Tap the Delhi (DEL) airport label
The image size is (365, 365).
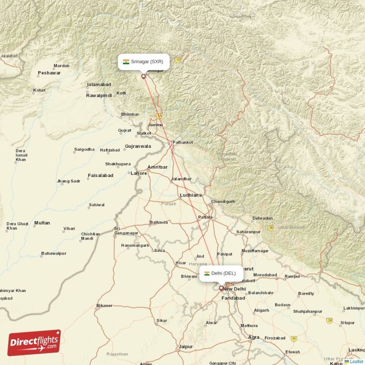(x=221, y=273)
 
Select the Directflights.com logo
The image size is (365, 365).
(x=34, y=343)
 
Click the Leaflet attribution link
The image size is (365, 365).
(x=356, y=361)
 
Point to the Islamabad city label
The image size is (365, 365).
(x=99, y=85)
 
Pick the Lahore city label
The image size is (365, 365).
(x=139, y=173)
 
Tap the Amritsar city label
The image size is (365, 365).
(x=157, y=167)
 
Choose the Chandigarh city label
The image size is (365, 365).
(x=223, y=202)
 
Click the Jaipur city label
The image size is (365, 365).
(x=185, y=347)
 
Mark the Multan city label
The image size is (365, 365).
(x=42, y=223)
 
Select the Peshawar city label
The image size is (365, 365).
(x=49, y=73)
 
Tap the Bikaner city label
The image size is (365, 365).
(x=104, y=306)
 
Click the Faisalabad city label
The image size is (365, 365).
(x=100, y=176)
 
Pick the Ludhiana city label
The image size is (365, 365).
(x=191, y=195)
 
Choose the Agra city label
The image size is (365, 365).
(x=254, y=338)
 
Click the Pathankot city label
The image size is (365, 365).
(x=182, y=142)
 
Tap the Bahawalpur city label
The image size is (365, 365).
(x=54, y=253)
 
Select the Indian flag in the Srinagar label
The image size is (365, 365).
(x=126, y=62)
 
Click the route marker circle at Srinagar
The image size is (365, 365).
(x=143, y=76)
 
